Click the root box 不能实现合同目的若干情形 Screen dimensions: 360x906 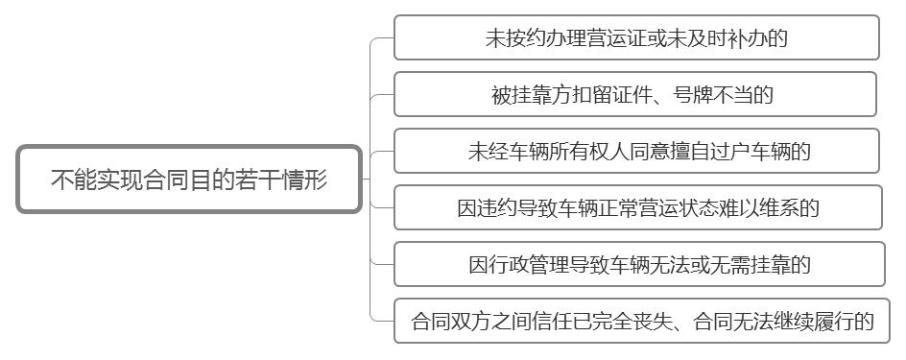[x=189, y=180]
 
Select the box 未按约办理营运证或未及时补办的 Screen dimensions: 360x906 [x=636, y=37]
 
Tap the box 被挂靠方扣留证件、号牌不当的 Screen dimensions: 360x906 [x=635, y=94]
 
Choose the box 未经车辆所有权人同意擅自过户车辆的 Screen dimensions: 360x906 [x=637, y=151]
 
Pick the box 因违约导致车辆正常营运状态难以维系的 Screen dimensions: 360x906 [x=638, y=207]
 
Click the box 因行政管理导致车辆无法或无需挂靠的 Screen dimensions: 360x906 [x=639, y=264]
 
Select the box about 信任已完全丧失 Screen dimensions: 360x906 [x=642, y=321]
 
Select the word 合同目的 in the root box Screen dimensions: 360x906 [x=189, y=180]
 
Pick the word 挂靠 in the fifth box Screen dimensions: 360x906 [x=767, y=264]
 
